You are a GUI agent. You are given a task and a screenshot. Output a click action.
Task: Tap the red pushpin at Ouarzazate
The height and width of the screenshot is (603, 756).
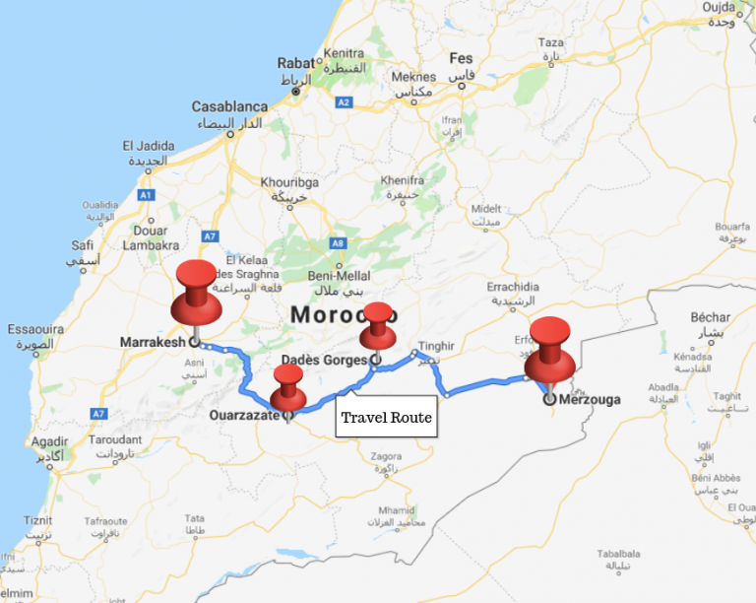point(287,386)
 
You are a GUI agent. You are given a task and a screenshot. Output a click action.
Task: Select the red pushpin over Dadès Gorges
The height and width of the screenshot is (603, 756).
point(377,325)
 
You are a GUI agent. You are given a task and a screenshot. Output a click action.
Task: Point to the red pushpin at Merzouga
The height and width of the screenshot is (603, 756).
point(549,350)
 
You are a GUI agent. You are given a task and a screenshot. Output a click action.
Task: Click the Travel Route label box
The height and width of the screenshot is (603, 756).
point(386,418)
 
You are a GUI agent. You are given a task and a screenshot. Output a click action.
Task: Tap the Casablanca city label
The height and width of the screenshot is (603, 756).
point(229,106)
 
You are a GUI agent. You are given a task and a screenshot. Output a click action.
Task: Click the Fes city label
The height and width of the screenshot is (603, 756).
point(461,58)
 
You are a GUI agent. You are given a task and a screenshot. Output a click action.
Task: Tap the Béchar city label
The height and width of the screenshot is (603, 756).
point(710,317)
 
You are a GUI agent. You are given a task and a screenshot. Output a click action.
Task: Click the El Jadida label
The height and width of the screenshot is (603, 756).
point(148,146)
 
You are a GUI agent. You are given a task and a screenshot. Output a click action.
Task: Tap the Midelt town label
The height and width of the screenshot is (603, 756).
point(486,209)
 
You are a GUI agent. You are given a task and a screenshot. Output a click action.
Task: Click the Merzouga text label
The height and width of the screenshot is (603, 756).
point(591,399)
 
